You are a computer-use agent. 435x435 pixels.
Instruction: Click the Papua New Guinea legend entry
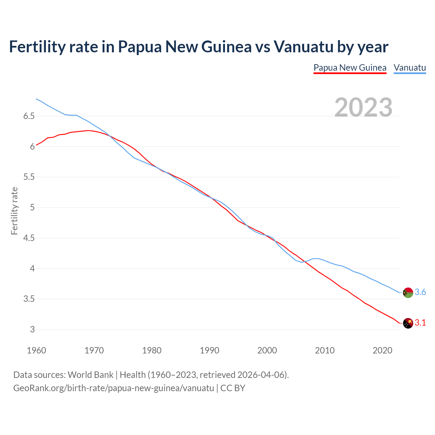point(350,68)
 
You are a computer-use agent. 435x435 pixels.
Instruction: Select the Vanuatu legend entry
point(410,68)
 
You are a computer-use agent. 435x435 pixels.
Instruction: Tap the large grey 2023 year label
point(363,107)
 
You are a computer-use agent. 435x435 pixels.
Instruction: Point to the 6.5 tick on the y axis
point(29,116)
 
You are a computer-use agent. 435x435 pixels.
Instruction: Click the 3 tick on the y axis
point(32,329)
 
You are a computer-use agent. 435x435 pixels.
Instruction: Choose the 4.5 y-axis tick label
point(29,238)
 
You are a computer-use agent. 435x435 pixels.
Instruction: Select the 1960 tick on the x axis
point(36,350)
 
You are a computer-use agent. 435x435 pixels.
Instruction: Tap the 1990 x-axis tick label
point(209,350)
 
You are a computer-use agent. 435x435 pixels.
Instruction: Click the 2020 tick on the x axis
point(382,350)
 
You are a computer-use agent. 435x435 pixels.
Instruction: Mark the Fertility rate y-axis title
point(14,211)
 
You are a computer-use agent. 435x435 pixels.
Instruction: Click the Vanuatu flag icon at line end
point(408,293)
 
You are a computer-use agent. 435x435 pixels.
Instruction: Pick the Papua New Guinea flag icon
point(408,323)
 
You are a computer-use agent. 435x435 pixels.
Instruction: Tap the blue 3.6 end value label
point(420,292)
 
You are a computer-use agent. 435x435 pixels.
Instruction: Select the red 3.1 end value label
point(420,323)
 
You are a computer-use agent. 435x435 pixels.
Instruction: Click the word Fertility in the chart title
point(36,47)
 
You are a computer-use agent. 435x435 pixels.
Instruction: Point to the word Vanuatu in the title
point(303,47)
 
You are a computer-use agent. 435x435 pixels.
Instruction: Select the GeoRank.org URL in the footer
point(114,388)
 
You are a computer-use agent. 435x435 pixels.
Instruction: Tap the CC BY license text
point(233,388)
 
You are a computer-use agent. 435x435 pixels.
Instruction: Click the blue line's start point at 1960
point(36,99)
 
